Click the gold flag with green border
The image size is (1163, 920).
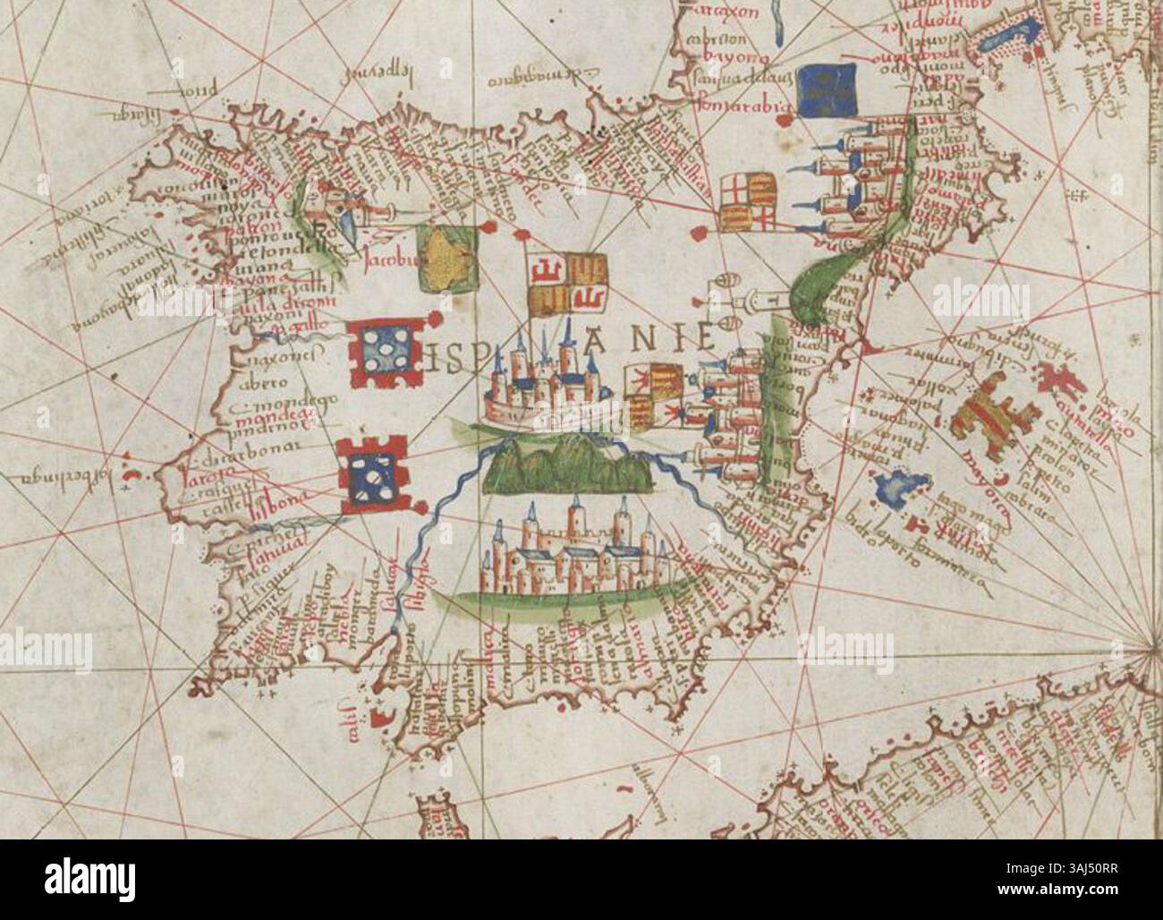coord(446,260)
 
